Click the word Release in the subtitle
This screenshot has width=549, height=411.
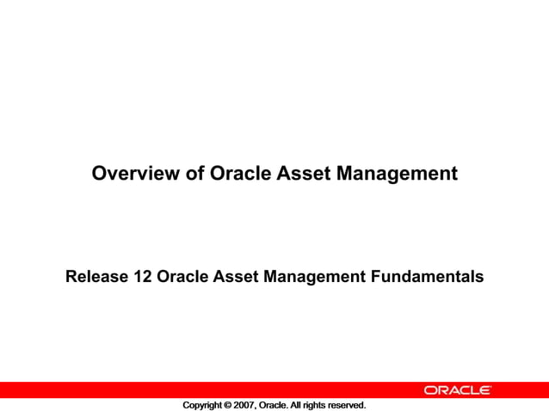(96, 277)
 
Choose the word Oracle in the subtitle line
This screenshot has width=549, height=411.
(182, 277)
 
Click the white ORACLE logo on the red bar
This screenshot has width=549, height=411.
(457, 390)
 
